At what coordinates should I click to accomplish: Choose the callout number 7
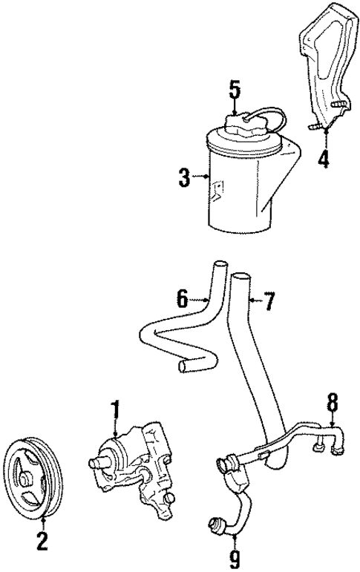coord(269,301)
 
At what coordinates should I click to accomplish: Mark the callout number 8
coord(333,403)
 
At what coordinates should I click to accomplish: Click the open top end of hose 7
coord(239,279)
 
